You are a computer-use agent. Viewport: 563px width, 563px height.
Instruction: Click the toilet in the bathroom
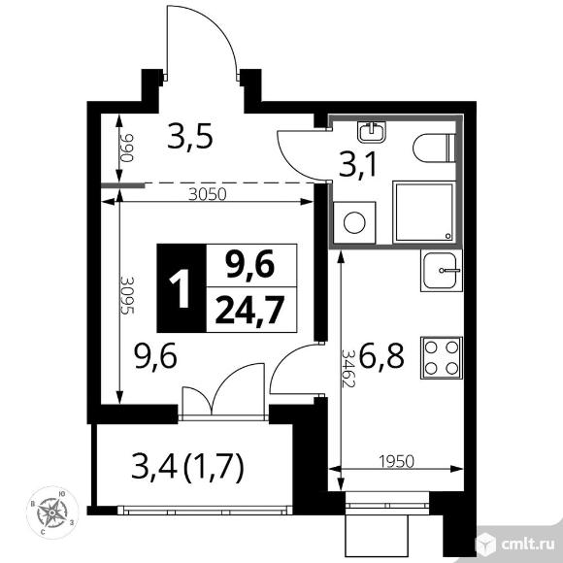(434, 148)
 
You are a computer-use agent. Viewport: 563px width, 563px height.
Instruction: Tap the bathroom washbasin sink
(371, 131)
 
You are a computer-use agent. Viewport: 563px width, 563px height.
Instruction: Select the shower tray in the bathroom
(424, 212)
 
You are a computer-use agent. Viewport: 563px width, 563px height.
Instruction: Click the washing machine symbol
(354, 222)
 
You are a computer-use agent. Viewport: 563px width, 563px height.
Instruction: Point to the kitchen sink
(442, 271)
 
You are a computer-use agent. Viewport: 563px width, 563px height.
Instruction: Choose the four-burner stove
(442, 358)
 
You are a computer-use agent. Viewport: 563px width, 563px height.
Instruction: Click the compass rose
(52, 513)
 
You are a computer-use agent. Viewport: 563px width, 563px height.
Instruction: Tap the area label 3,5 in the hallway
(190, 136)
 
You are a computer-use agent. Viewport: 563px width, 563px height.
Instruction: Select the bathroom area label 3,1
(357, 165)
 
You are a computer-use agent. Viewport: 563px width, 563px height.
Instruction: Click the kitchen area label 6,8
(381, 355)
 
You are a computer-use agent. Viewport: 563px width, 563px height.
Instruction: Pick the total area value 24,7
(249, 310)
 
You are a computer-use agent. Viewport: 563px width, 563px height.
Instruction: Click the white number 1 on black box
(181, 288)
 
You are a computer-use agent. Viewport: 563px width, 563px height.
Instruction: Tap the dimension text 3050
(208, 194)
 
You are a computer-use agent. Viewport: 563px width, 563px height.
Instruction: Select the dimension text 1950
(396, 461)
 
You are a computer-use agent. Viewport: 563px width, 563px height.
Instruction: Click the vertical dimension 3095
(127, 295)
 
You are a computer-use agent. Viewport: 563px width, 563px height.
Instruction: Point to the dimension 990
(127, 148)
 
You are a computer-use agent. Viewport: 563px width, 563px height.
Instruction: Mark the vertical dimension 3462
(348, 369)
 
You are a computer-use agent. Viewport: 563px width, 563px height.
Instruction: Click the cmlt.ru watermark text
(527, 545)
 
